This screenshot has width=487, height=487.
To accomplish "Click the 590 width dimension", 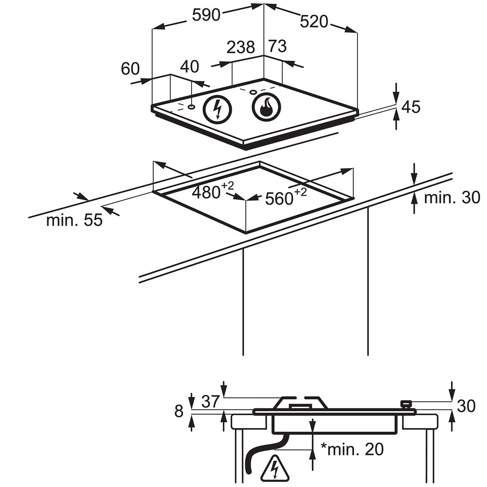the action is pyautogui.click(x=206, y=15).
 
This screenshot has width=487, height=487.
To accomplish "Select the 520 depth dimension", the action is pyautogui.click(x=314, y=21).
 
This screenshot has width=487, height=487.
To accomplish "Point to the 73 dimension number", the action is pyautogui.click(x=277, y=46).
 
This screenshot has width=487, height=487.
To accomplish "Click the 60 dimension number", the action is pyautogui.click(x=130, y=68).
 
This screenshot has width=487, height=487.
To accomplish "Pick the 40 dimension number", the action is pyautogui.click(x=190, y=66).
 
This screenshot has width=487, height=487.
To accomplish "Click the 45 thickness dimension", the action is pyautogui.click(x=411, y=107).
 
